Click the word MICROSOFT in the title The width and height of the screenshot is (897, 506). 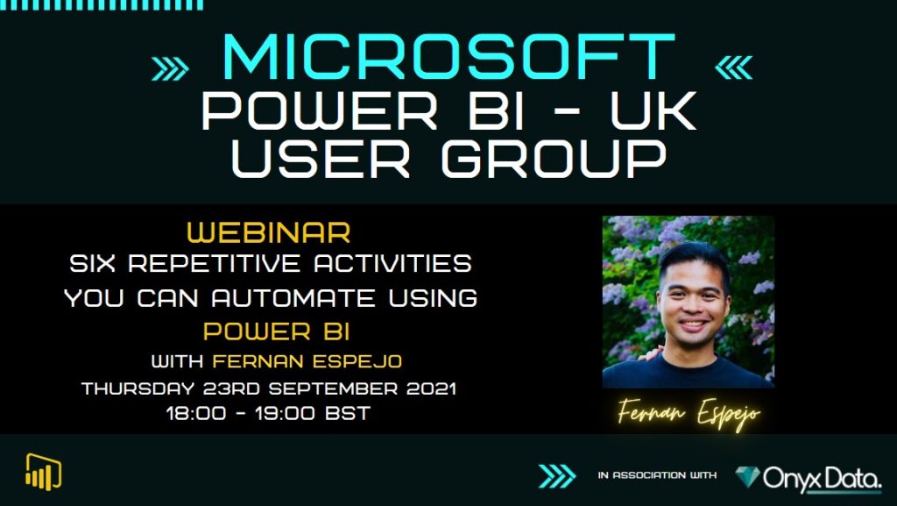pos(448,59)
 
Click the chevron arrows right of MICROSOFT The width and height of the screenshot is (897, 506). pos(733,67)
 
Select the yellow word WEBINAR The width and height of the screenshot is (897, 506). pos(269,233)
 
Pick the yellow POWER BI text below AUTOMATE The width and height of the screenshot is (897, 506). pos(270,332)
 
